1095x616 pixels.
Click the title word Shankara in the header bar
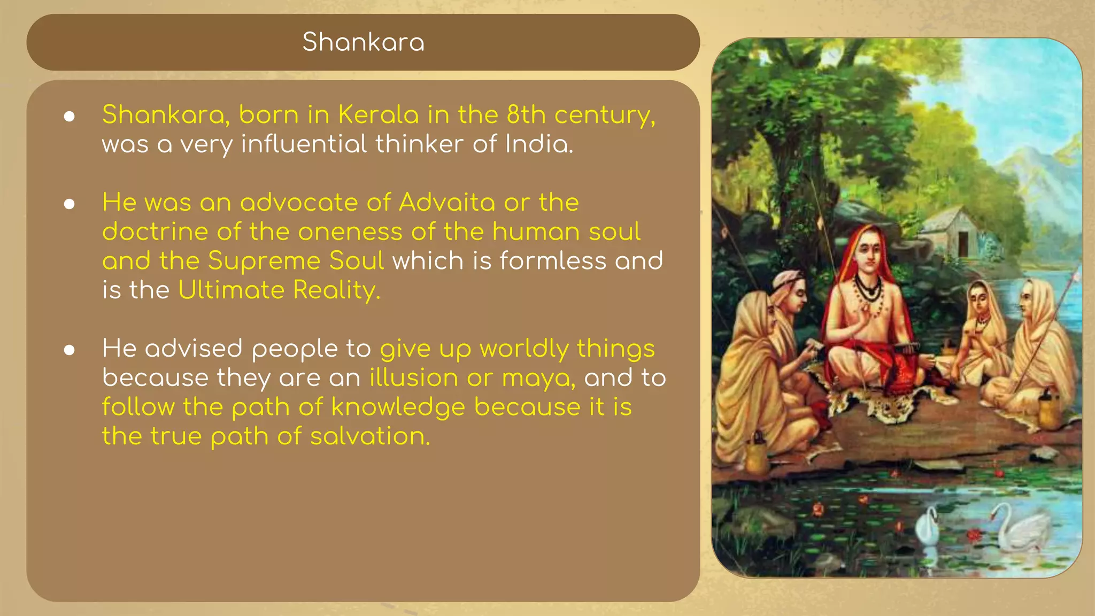coord(363,42)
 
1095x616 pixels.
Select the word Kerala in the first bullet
coord(377,115)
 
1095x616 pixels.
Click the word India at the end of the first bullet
coord(538,144)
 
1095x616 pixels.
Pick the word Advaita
coord(447,203)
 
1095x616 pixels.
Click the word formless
coord(553,261)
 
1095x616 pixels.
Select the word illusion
coord(413,378)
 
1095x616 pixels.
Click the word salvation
coord(370,436)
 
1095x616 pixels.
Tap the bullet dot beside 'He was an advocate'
coord(69,204)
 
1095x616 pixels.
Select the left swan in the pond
coord(928,527)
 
